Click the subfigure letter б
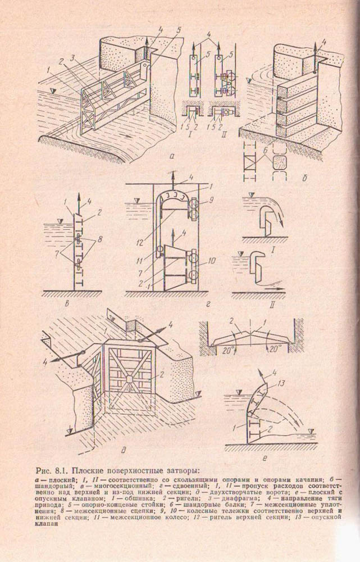304,178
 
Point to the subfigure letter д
123,451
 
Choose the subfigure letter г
208,305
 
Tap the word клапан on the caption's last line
45,523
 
